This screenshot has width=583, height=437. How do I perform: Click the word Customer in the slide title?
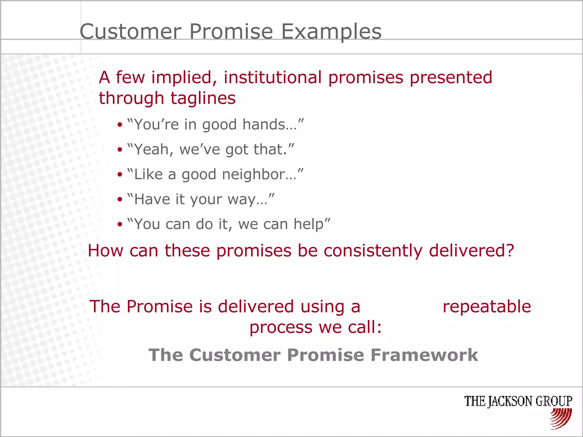(131, 31)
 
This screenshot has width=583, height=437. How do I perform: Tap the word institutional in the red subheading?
(272, 77)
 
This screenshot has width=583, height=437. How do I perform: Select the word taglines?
(203, 98)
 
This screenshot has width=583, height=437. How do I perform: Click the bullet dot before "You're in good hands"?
(120, 125)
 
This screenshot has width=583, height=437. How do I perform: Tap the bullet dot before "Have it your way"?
(120, 199)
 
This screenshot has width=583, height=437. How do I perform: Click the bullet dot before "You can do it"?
(120, 224)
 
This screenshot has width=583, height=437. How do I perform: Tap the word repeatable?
(487, 307)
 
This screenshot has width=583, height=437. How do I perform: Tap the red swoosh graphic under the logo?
(561, 418)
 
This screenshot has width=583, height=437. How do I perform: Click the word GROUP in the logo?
(554, 401)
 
